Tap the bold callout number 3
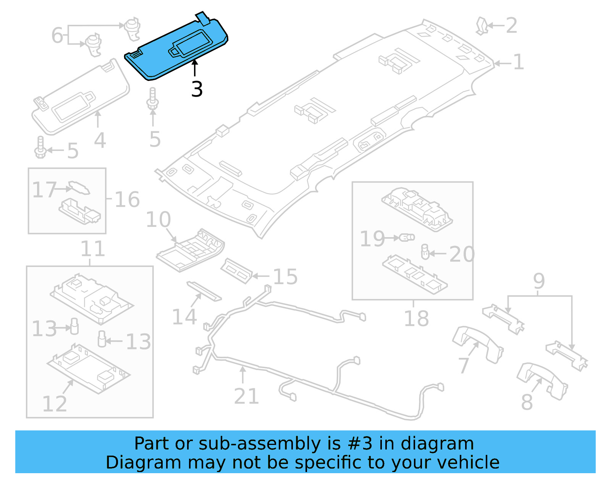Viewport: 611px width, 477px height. pyautogui.click(x=197, y=89)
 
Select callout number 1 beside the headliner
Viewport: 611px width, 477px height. pyautogui.click(x=518, y=62)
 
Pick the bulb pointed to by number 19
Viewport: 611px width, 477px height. pyautogui.click(x=407, y=238)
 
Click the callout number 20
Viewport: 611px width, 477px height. pyautogui.click(x=462, y=254)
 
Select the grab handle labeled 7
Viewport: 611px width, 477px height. pyautogui.click(x=477, y=344)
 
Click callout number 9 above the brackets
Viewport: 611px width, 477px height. pyautogui.click(x=539, y=281)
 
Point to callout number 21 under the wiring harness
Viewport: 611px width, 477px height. pyautogui.click(x=246, y=396)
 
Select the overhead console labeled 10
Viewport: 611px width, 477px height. pyautogui.click(x=190, y=250)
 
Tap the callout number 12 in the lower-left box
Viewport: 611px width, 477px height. pyautogui.click(x=54, y=404)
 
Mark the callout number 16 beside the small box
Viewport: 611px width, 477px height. pyautogui.click(x=127, y=199)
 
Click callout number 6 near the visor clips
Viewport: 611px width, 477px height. pyautogui.click(x=57, y=35)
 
